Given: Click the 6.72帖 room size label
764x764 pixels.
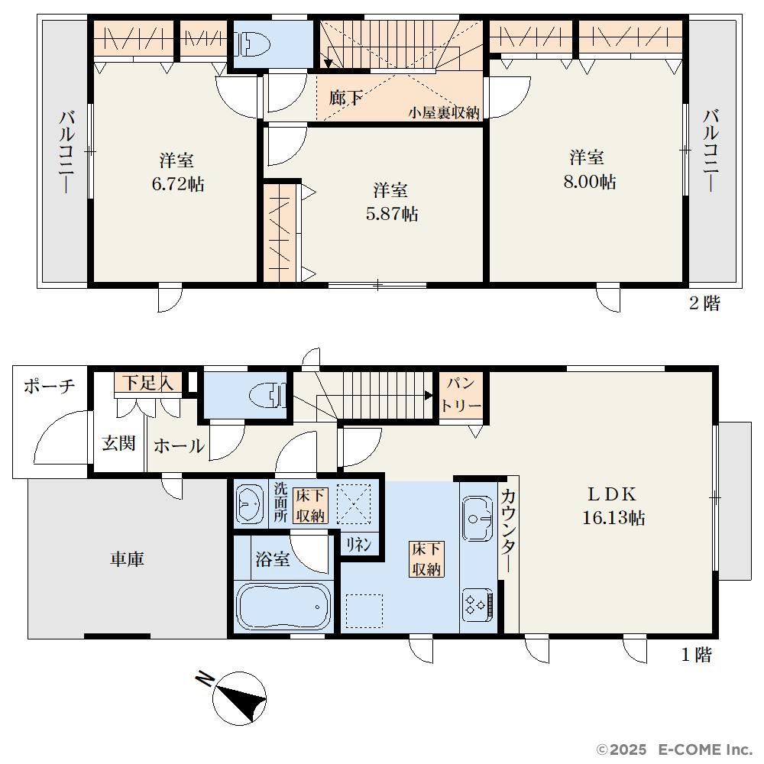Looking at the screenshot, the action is coord(178,184).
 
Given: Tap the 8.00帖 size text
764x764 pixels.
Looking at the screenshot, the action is coord(590,182).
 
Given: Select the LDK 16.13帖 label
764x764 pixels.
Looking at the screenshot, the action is coord(613,506).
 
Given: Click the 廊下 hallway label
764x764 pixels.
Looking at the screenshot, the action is coord(345,98).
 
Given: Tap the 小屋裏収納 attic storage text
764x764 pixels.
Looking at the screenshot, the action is coord(444,112).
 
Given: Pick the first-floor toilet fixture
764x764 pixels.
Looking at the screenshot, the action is coord(267,395).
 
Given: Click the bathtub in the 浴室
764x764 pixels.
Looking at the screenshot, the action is coord(283,607).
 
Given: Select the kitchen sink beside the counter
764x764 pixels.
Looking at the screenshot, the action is coord(477,519).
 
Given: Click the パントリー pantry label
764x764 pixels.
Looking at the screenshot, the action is coord(461,394).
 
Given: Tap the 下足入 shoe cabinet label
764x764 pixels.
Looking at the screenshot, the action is coord(147,383).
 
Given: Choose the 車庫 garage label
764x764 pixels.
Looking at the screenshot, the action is coord(127,559).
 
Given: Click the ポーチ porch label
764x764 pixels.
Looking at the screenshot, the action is coord(49,386).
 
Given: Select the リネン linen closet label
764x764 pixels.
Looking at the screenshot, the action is coord(358,544).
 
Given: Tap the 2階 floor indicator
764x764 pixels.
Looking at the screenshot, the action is coord(704,303).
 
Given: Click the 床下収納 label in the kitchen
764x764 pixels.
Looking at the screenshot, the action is coord(426,559).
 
